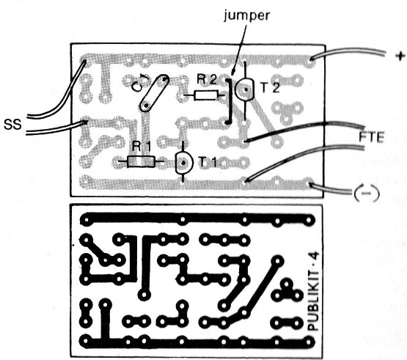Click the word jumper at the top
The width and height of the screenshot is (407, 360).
pyautogui.click(x=247, y=15)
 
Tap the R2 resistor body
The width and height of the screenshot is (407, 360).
pyautogui.click(x=206, y=95)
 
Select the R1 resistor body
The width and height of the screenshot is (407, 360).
pyautogui.click(x=141, y=161)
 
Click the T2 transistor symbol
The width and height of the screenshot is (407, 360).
pyautogui.click(x=244, y=89)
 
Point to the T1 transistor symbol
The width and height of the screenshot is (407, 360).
pyautogui.click(x=184, y=163)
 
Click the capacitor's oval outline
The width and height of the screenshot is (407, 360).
pyautogui.click(x=154, y=93)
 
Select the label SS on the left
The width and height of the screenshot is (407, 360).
pyautogui.click(x=12, y=125)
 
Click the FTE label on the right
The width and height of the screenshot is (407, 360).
pyautogui.click(x=372, y=137)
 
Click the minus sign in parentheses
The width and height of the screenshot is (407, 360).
pyautogui.click(x=367, y=194)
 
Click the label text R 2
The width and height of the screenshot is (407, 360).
pyautogui.click(x=206, y=80)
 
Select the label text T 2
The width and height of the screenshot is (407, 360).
pyautogui.click(x=270, y=87)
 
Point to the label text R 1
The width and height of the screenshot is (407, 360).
pyautogui.click(x=142, y=147)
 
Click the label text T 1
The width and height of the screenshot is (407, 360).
pyautogui.click(x=207, y=162)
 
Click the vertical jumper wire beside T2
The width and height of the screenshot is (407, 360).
pyautogui.click(x=228, y=101)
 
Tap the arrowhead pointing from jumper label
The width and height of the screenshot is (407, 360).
pyautogui.click(x=232, y=73)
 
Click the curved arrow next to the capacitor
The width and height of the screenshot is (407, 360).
pyautogui.click(x=139, y=83)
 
